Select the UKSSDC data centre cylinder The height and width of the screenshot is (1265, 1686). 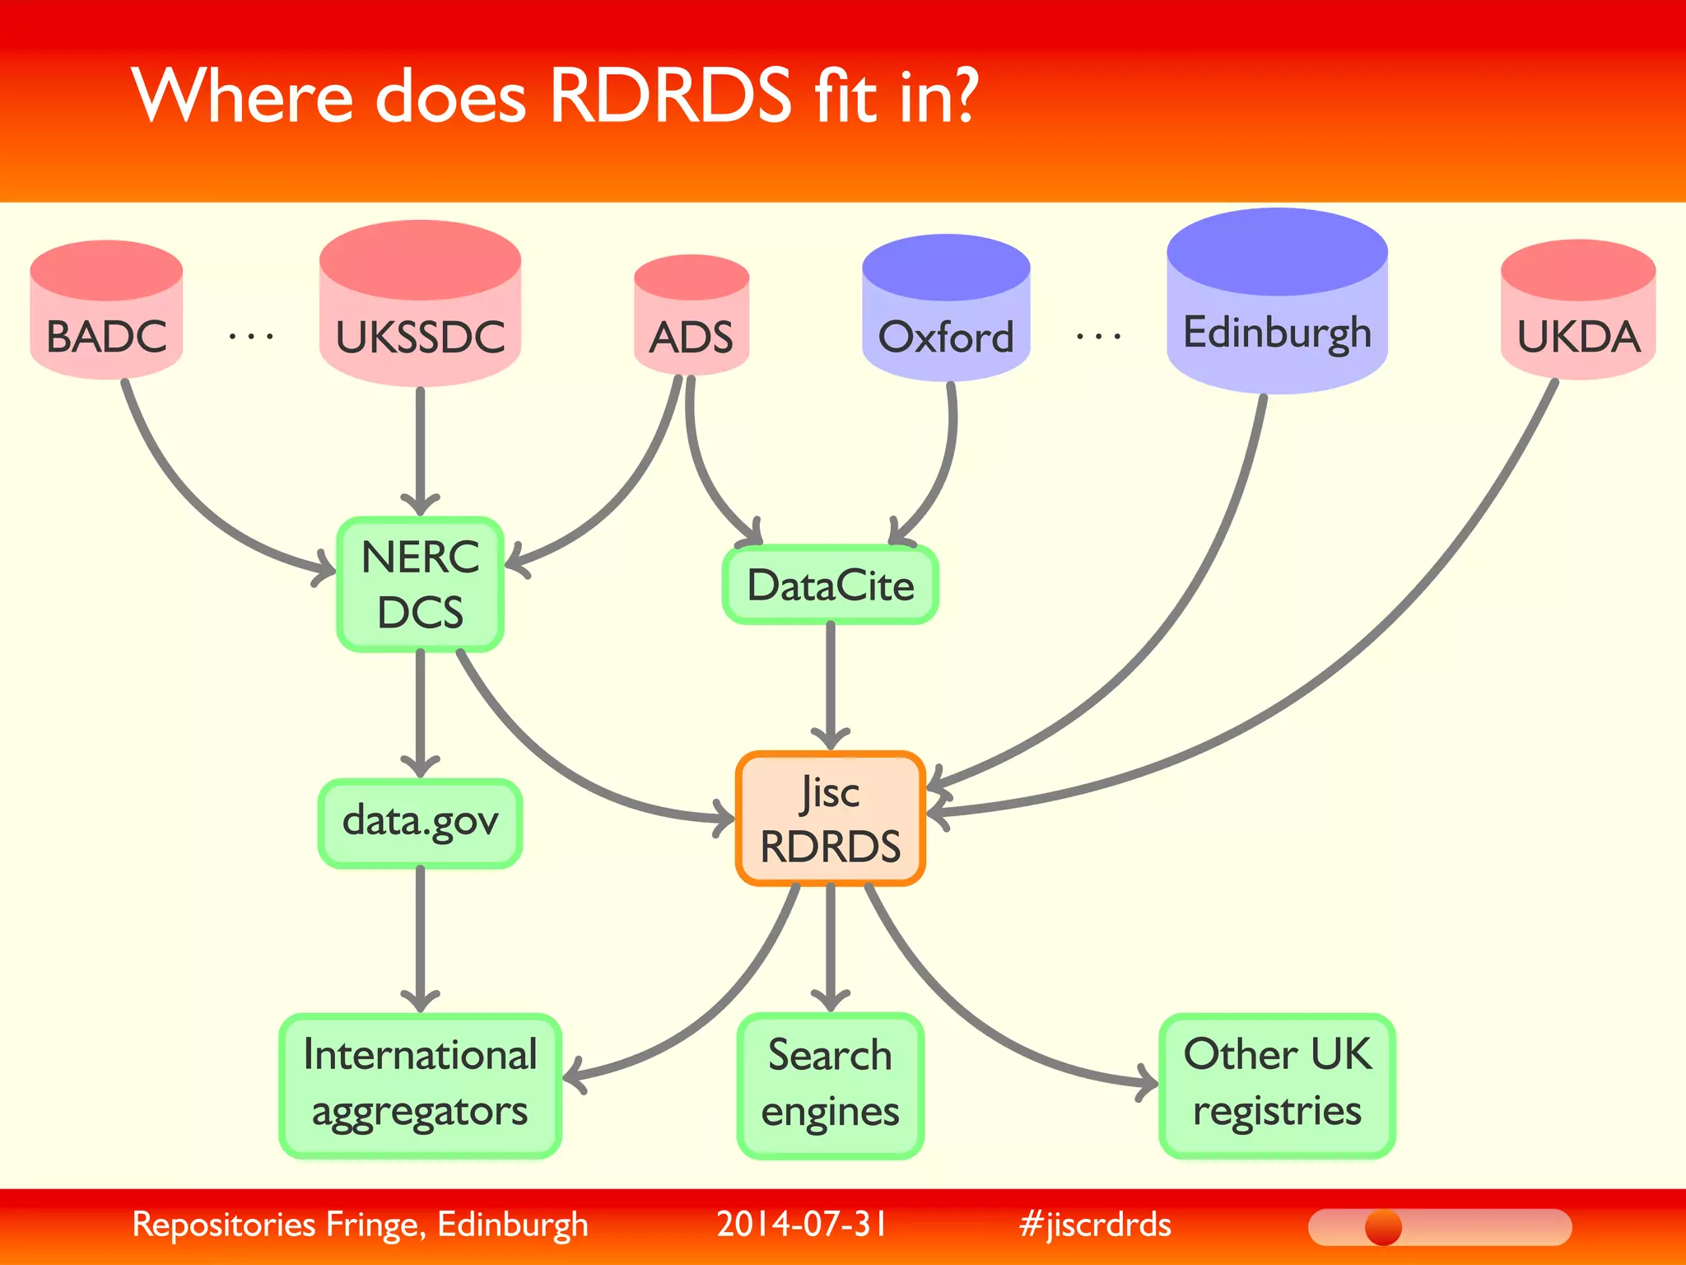pos(420,313)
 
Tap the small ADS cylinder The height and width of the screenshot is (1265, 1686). pos(692,321)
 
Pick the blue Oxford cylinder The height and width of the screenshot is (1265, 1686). pos(946,317)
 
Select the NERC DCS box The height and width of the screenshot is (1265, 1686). pos(420,585)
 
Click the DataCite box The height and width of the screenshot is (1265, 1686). pos(830,585)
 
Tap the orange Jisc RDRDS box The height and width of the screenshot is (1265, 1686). pos(831,819)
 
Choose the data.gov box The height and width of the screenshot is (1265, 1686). pos(420,822)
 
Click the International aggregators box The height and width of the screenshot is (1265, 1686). pos(420,1085)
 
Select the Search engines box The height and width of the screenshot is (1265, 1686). pos(830,1085)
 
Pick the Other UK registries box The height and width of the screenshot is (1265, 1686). pos(1277,1085)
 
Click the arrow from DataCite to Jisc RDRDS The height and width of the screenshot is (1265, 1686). pos(831,684)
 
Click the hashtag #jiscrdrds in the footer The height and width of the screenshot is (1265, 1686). pos(1095,1225)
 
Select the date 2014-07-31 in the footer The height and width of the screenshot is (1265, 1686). pos(802,1225)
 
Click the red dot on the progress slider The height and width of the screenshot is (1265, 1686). pos(1383,1228)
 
